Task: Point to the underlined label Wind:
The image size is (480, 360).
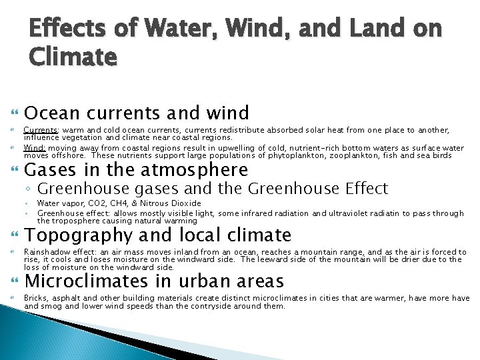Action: (x=35, y=147)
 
